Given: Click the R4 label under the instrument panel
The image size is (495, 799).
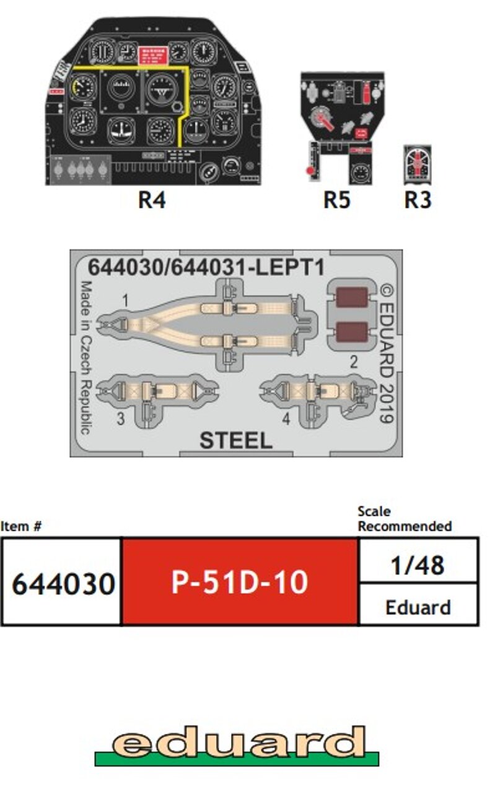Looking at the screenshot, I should point(152,200).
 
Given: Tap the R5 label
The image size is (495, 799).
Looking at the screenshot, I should point(336,200).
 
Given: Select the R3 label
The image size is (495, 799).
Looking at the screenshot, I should point(418,200).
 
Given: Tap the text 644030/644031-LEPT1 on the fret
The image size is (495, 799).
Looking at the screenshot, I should point(206,267).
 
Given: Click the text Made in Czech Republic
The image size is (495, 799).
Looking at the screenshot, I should point(85,357).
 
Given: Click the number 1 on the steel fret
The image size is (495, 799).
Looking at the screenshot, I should point(125,301).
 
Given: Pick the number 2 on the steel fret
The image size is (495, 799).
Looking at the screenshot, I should point(354,363).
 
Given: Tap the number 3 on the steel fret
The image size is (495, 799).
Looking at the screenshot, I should point(120,419).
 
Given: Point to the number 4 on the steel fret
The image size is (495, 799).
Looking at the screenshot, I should point(286,419).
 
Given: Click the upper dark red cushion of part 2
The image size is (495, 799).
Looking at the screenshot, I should point(353,297).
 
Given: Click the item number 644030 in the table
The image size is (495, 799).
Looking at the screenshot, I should point(63,583).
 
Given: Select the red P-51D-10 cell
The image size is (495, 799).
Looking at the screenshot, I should point(240,583).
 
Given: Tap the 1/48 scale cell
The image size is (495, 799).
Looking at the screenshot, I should point(418,565).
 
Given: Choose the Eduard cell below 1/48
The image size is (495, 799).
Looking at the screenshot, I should point(418,606).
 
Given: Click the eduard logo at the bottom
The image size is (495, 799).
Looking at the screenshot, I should point(237,744).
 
